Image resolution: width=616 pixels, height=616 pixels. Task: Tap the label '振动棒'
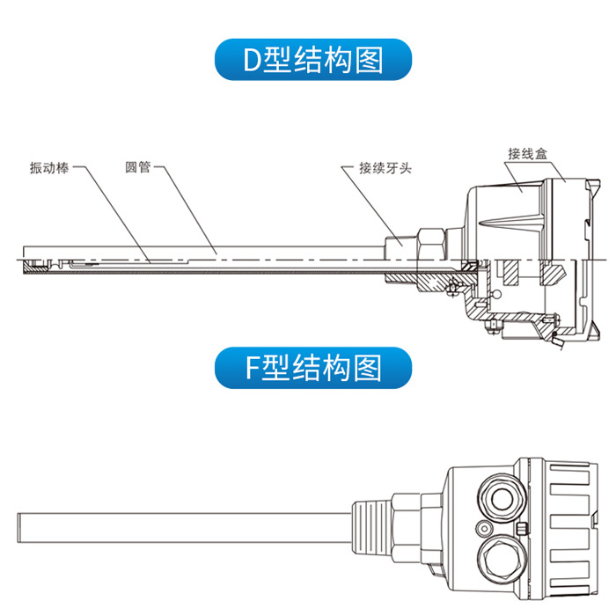[49, 167]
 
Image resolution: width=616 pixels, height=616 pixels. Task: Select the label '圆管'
[138, 167]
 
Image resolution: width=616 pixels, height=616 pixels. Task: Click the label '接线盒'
[527, 153]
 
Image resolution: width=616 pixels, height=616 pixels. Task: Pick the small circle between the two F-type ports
[482, 527]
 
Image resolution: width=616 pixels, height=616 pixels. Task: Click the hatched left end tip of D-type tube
[34, 264]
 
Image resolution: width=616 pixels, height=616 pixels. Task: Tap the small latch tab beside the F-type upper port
[523, 528]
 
